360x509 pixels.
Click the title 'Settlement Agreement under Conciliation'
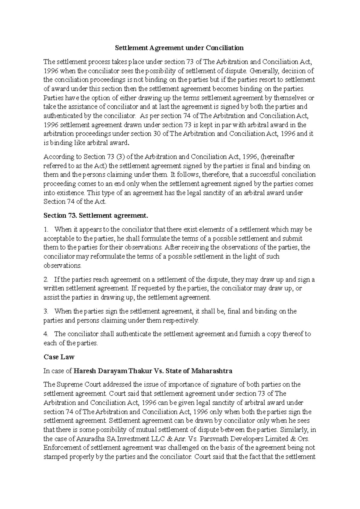coord(180,48)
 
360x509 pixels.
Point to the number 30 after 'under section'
coord(157,134)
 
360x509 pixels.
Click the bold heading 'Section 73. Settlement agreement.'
coord(96,216)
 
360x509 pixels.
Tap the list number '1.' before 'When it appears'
coord(46,230)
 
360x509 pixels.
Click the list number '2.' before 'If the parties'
coord(46,280)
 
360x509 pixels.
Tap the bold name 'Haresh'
coord(85,371)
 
